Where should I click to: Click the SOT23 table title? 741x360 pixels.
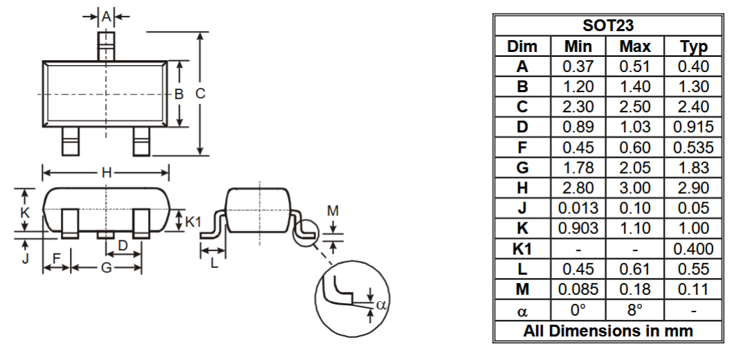tap(609, 26)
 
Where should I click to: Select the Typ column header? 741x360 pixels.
tap(693, 46)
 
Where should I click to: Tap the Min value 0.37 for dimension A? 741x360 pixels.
tap(578, 66)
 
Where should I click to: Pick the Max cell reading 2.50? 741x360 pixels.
tap(635, 107)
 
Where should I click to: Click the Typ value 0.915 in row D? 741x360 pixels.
tap(693, 127)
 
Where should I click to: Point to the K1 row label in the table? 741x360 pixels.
tap(522, 249)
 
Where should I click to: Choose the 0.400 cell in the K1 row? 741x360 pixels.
tap(693, 249)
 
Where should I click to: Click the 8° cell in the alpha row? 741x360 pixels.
tap(635, 309)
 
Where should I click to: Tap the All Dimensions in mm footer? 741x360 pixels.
tap(608, 330)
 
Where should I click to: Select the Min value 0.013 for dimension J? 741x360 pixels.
tap(578, 208)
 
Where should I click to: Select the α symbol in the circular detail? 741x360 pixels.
tap(380, 303)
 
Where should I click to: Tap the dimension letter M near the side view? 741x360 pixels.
tap(333, 210)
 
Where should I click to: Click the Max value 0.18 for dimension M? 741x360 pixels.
tap(635, 289)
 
